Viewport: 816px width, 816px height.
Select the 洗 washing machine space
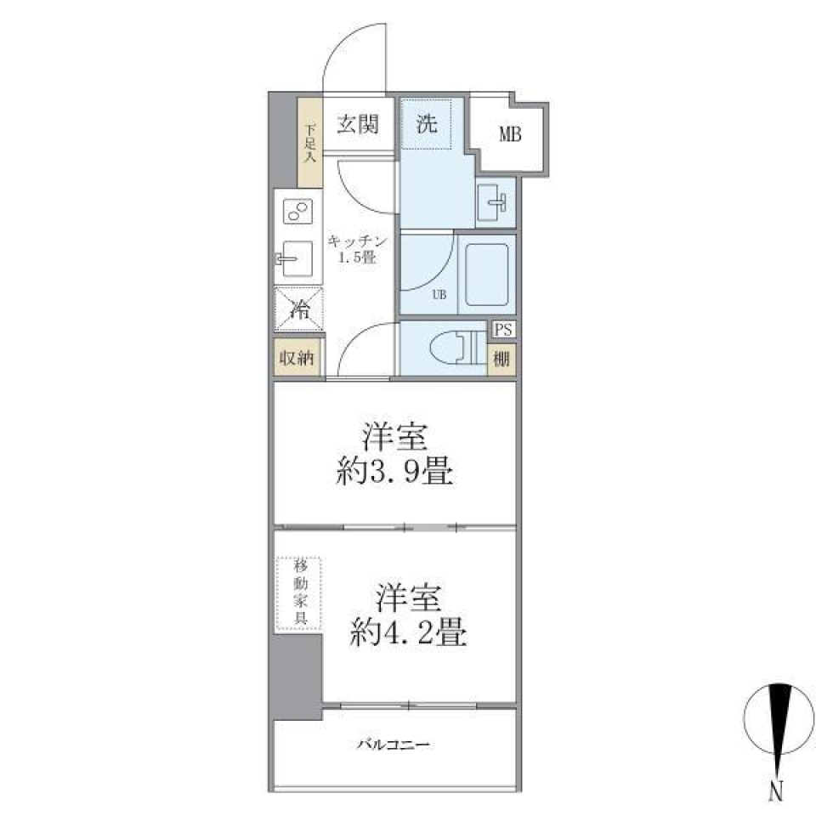tap(427, 124)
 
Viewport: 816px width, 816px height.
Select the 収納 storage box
tap(297, 358)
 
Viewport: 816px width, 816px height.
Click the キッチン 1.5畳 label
tap(357, 249)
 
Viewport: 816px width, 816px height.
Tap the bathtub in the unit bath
tap(486, 274)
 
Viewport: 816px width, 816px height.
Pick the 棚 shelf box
tap(502, 359)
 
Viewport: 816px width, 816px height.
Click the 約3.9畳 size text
tap(395, 473)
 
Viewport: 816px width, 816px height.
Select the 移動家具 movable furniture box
tap(298, 593)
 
